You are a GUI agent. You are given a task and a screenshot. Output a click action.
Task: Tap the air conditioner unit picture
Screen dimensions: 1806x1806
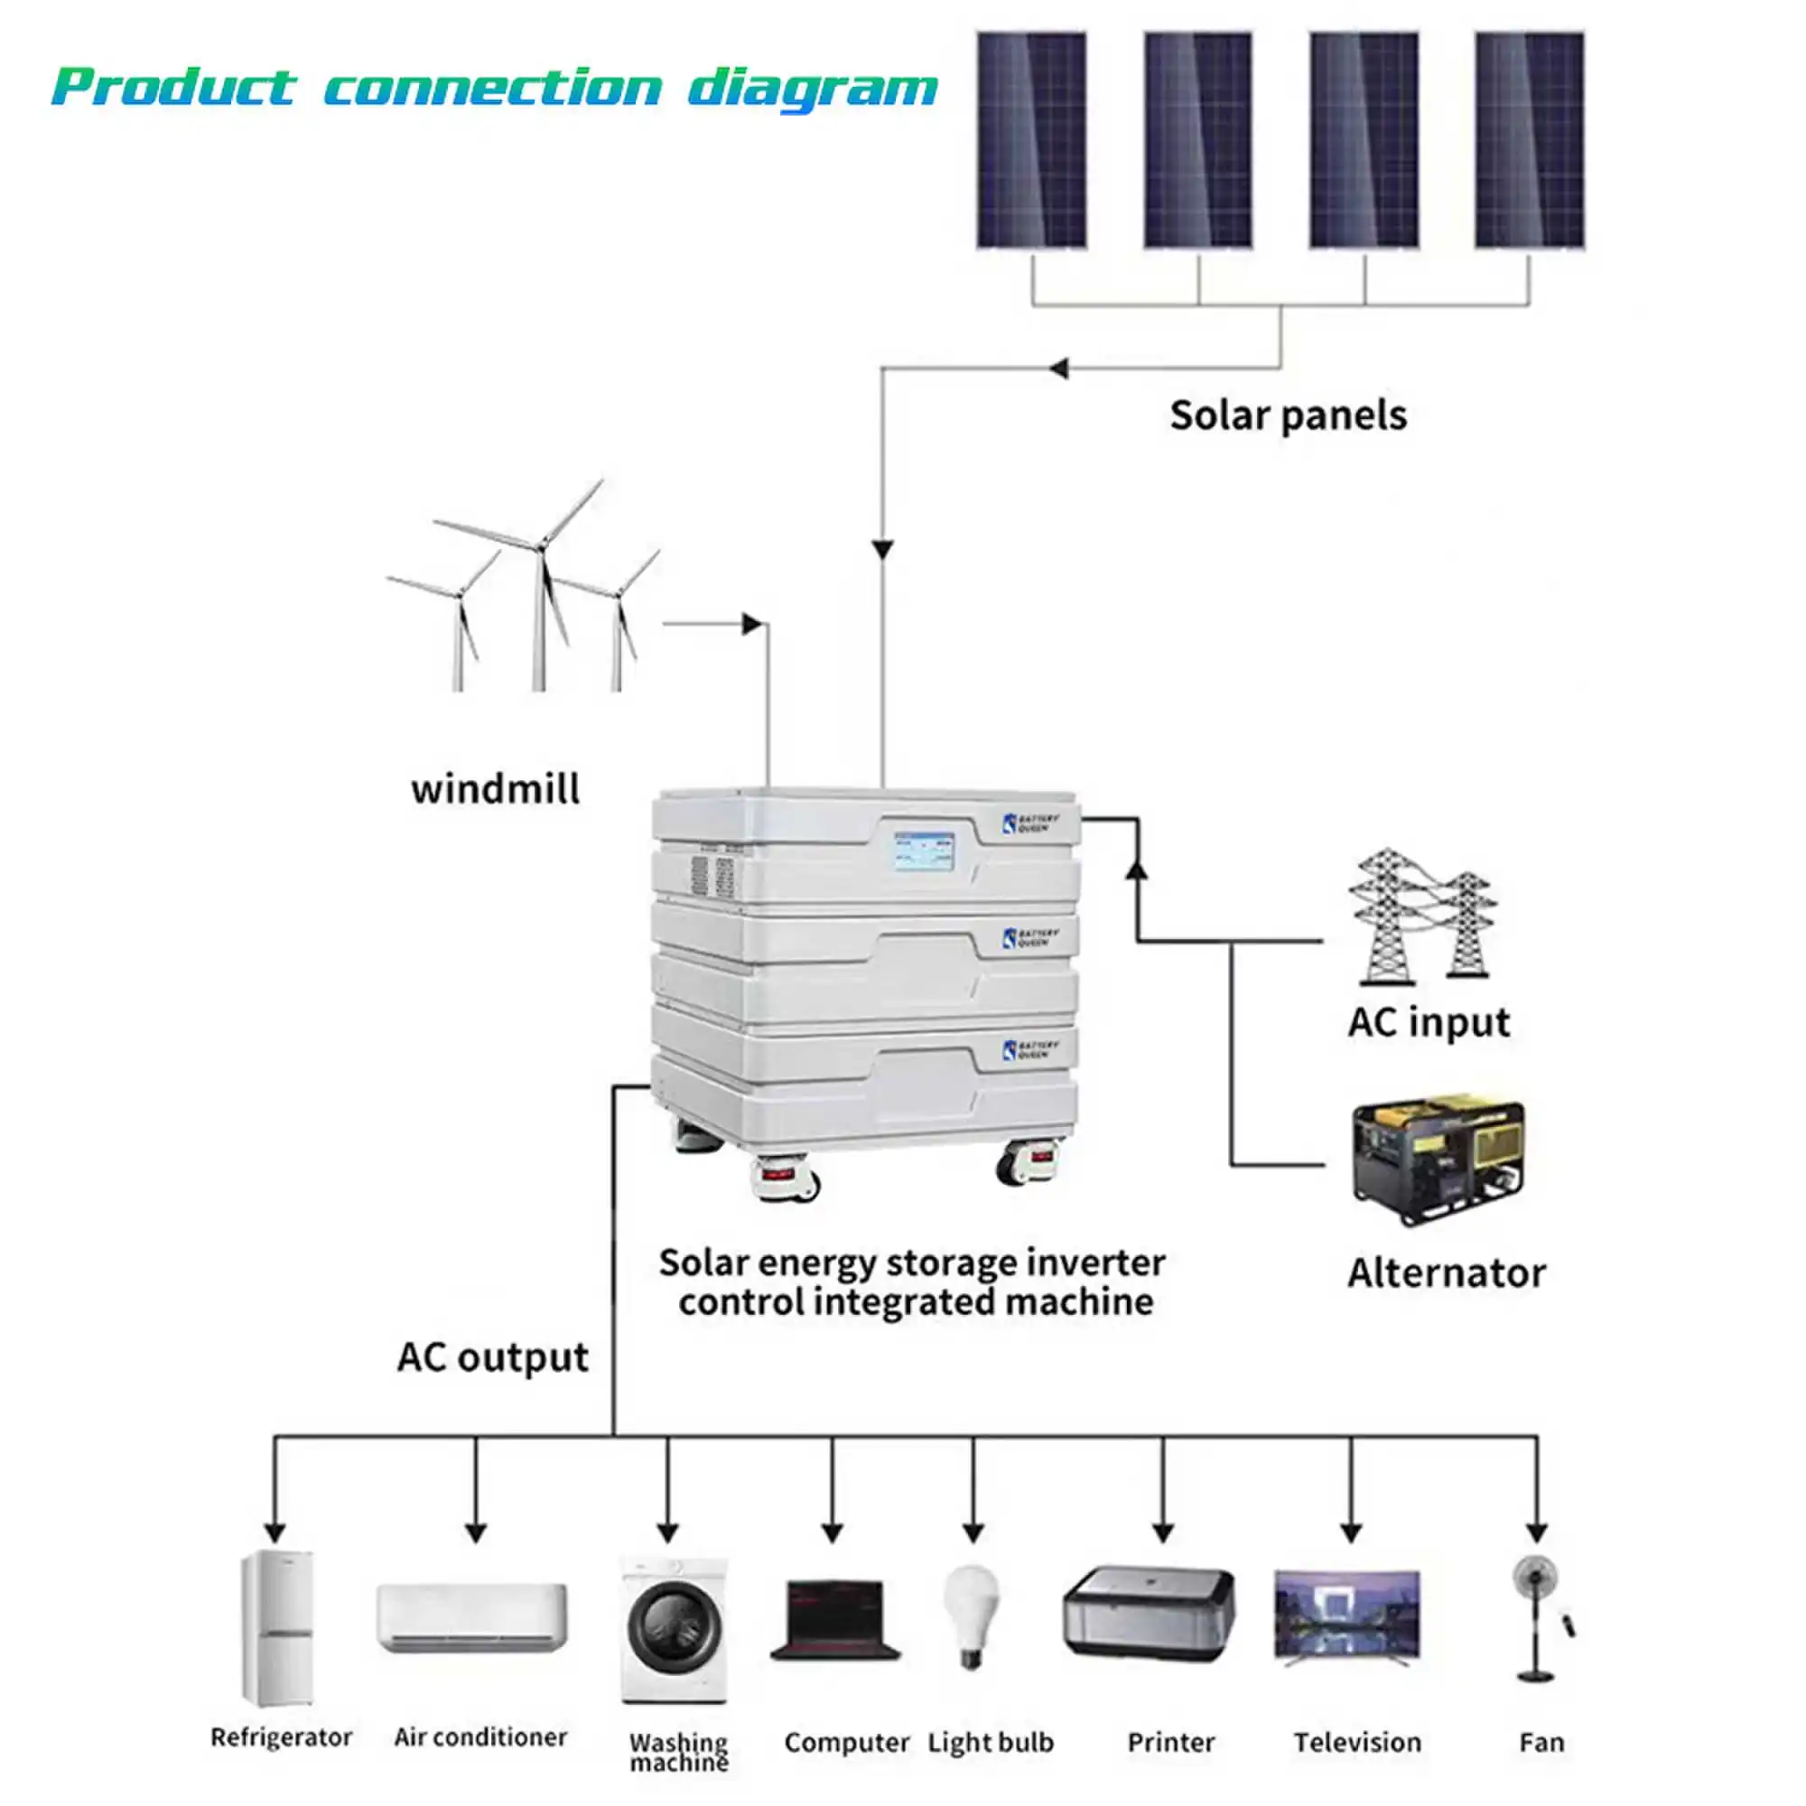click(472, 1617)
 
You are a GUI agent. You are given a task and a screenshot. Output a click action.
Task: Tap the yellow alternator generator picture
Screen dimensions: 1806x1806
click(1438, 1162)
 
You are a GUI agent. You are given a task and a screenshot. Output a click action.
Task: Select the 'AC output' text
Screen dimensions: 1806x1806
click(493, 1357)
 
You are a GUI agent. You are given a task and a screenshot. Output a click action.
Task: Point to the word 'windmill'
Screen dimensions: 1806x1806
click(496, 789)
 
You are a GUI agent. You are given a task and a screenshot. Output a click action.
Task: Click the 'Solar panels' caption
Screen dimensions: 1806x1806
click(1287, 416)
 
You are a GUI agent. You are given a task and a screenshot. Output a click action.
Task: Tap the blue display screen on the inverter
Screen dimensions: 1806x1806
click(925, 851)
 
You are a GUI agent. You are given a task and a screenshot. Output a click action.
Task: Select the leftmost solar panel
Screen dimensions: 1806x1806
click(1032, 140)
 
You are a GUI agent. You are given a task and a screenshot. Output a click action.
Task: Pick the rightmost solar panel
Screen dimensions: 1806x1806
click(1530, 140)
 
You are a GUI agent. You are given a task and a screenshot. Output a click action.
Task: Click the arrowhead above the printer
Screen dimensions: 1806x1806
click(1163, 1532)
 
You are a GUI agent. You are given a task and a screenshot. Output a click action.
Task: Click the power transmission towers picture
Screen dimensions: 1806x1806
click(1420, 916)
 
